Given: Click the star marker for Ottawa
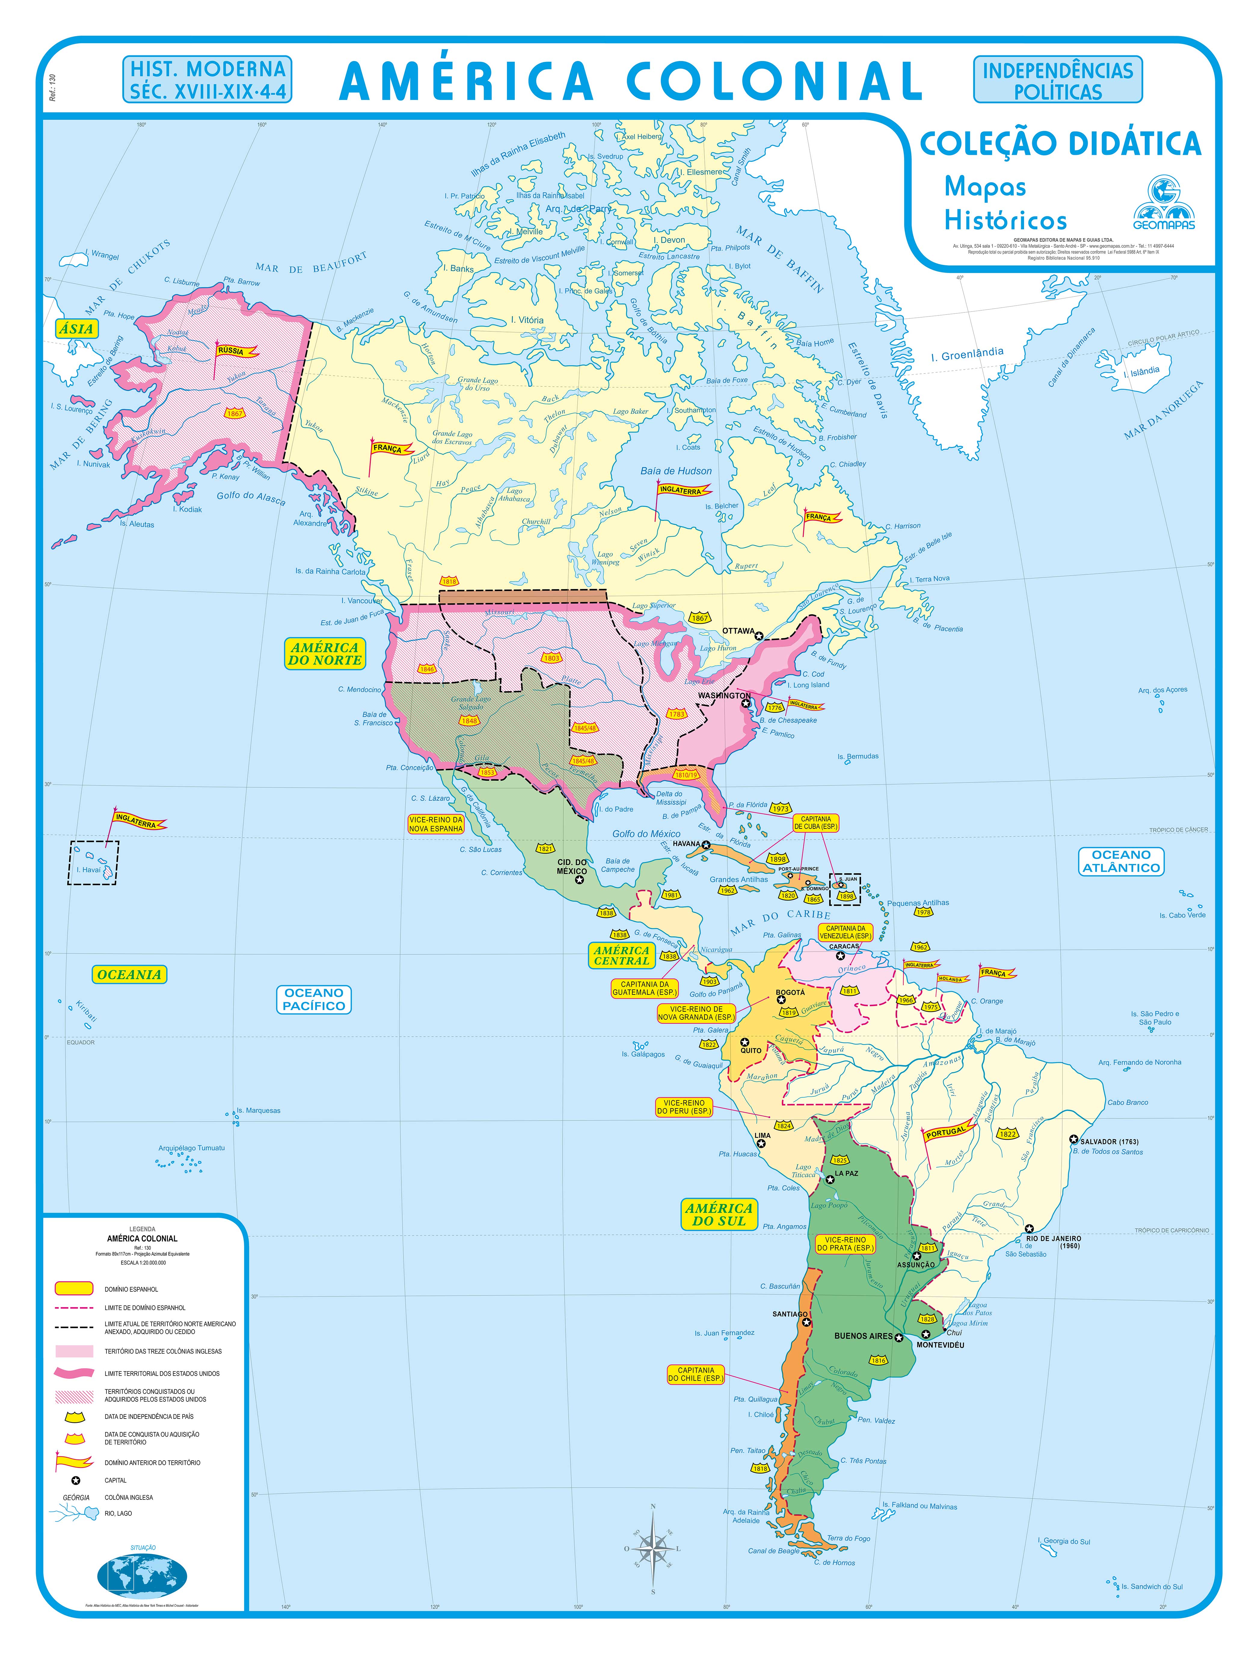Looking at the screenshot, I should point(759,636).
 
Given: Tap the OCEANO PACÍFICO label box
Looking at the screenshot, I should point(314,999).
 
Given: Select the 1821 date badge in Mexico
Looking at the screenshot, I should point(545,848).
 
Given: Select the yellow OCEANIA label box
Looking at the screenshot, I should point(129,974).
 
